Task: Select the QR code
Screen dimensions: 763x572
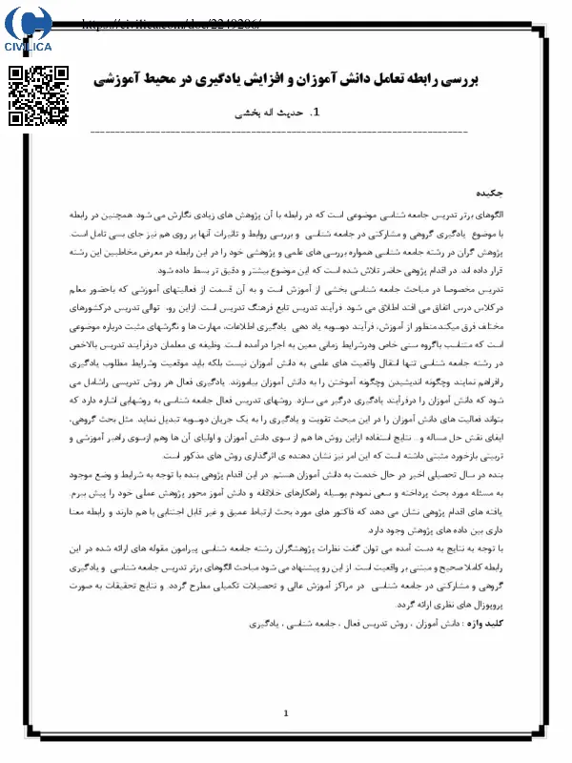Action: [x=38, y=95]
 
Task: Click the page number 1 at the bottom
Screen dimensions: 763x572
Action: [x=286, y=713]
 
